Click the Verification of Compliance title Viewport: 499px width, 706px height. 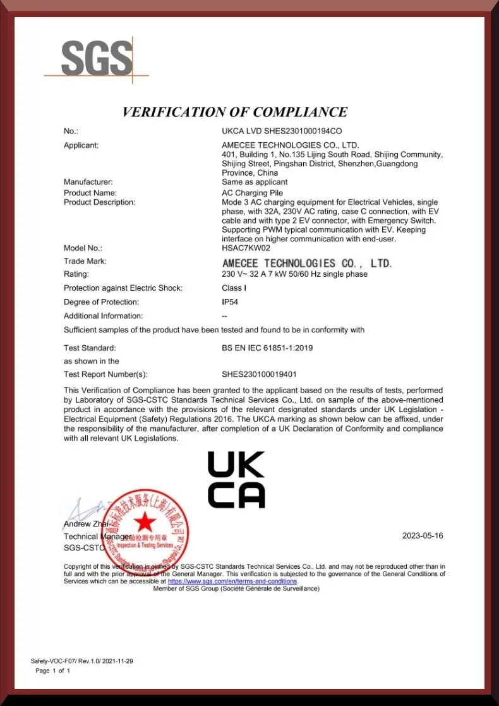click(x=234, y=112)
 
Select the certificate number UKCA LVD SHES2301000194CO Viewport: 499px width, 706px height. click(x=282, y=131)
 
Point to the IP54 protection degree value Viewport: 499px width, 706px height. click(x=230, y=302)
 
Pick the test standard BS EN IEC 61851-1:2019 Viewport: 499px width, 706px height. click(x=267, y=348)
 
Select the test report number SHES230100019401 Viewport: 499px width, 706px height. click(x=259, y=374)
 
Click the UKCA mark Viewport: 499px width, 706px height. click(x=236, y=480)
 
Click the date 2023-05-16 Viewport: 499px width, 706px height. click(x=423, y=536)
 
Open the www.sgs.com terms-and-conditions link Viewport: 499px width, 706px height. click(x=232, y=581)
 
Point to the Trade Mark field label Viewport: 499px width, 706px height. click(x=85, y=261)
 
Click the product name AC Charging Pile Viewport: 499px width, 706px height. click(x=252, y=193)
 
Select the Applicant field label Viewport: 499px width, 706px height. click(x=81, y=145)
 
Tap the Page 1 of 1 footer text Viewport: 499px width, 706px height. click(x=53, y=671)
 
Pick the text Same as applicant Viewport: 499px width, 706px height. click(x=255, y=182)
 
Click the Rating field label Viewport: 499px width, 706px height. click(x=76, y=274)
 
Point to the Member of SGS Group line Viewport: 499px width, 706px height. click(x=236, y=588)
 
